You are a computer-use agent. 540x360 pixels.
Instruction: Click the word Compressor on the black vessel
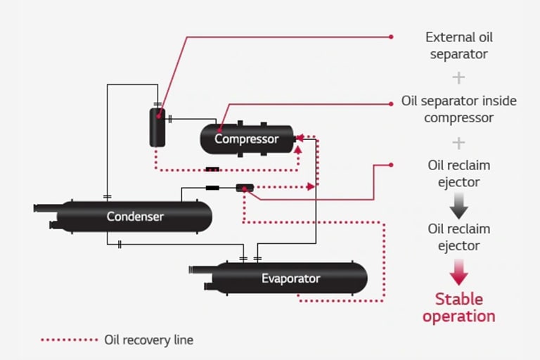(x=246, y=139)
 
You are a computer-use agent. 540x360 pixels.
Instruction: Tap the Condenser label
(x=135, y=217)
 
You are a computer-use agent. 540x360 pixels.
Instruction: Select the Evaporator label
(x=290, y=278)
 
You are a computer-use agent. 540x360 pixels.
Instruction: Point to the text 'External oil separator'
(x=458, y=45)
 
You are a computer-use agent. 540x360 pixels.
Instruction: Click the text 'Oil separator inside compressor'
(x=458, y=109)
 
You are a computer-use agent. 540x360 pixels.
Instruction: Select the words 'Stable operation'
(x=458, y=307)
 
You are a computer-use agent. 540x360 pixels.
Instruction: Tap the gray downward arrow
(x=458, y=205)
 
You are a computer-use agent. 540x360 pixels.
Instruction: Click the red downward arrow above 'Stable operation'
(x=458, y=271)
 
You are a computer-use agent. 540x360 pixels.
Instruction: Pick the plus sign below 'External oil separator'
(x=458, y=77)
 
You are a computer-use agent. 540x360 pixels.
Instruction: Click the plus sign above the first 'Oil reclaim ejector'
(x=458, y=143)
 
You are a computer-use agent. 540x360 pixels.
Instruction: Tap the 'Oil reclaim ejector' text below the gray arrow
(x=458, y=237)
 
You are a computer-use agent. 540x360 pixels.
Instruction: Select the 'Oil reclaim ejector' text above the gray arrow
(x=458, y=174)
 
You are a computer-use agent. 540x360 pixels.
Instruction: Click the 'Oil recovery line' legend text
(x=148, y=340)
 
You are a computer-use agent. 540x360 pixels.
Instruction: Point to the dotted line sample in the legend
(x=69, y=340)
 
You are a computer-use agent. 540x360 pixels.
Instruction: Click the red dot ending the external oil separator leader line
(x=391, y=37)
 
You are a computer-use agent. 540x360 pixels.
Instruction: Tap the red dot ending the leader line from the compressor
(x=391, y=103)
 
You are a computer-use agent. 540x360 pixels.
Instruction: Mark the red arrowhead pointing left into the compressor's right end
(x=300, y=137)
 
